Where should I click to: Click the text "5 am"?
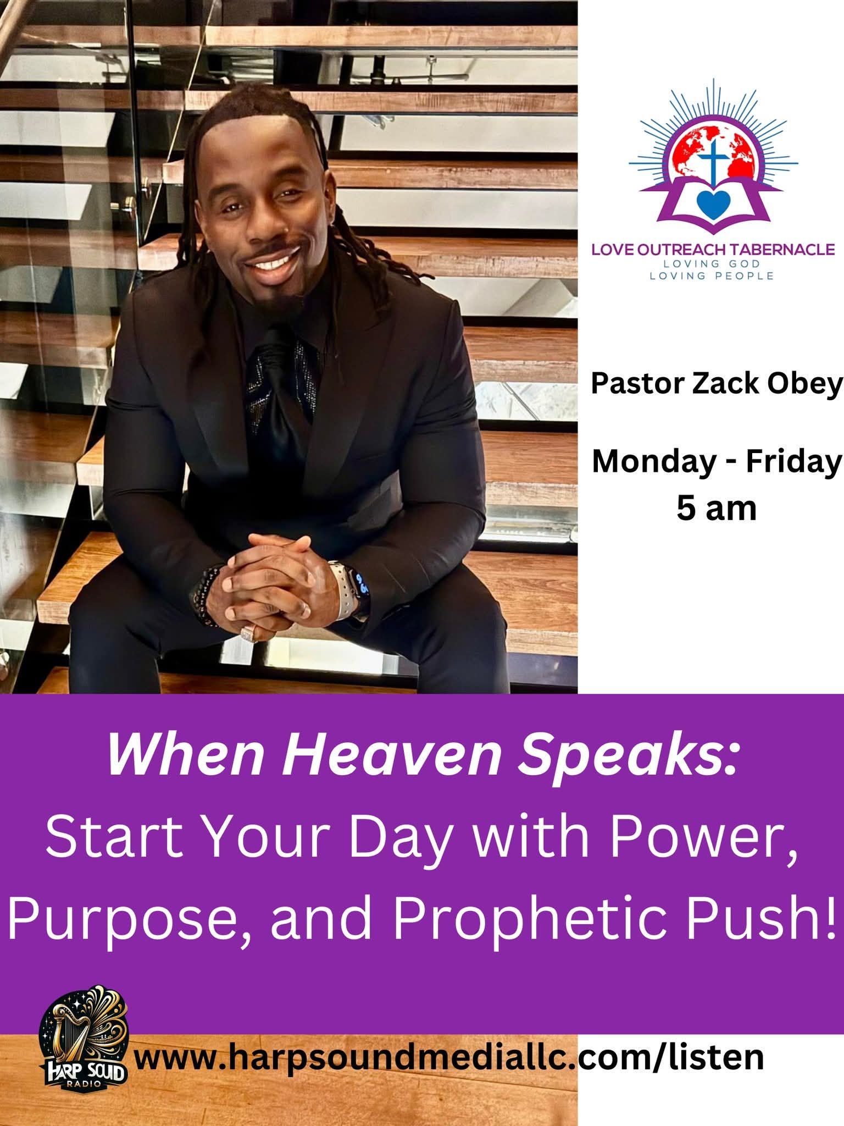pyautogui.click(x=716, y=509)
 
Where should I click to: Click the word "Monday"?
pyautogui.click(x=651, y=463)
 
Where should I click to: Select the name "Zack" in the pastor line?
pyautogui.click(x=721, y=385)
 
